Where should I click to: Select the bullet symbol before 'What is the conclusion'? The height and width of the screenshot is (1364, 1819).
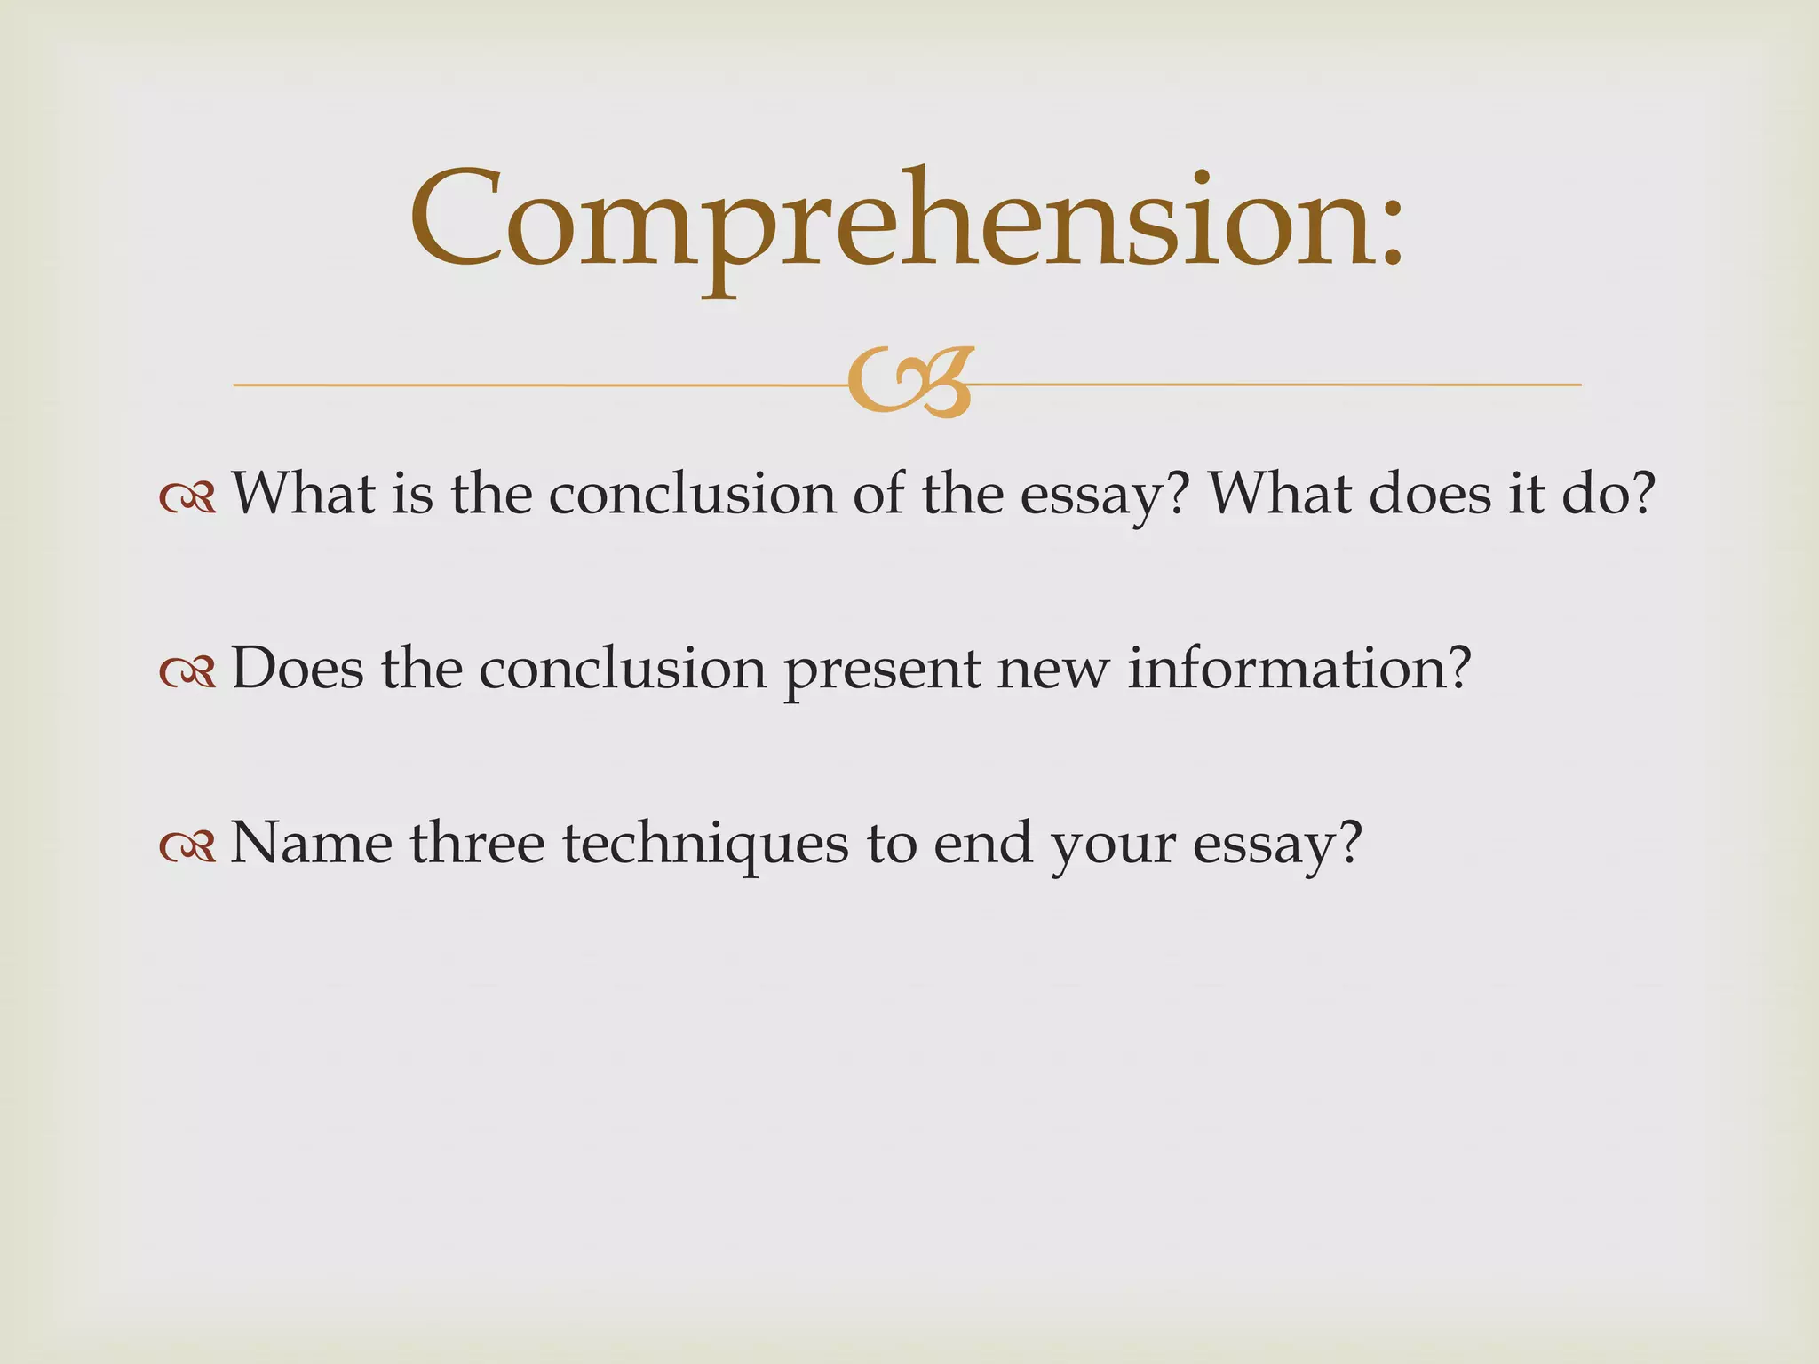[187, 498]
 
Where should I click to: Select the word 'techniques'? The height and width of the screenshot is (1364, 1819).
[705, 844]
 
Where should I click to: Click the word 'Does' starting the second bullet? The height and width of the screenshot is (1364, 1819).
[298, 668]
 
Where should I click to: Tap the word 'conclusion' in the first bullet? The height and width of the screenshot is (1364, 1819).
[692, 494]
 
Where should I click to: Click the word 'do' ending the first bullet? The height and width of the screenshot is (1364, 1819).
[1595, 494]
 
